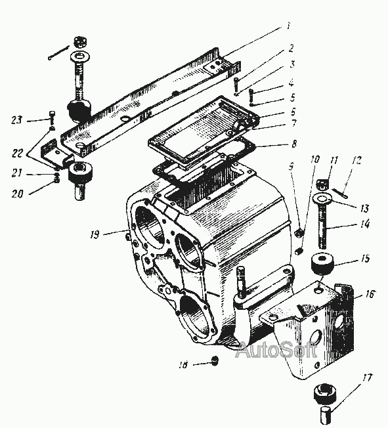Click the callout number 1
coord(288,26)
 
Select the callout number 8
coord(294,144)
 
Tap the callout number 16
coord(370,294)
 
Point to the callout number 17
coord(367,377)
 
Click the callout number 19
coord(95,234)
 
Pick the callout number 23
coord(16,120)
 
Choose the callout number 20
coord(18,194)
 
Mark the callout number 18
coord(183,364)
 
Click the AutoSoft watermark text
coord(276,349)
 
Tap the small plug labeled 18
coord(215,361)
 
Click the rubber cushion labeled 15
coord(323,263)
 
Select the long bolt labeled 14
coord(323,227)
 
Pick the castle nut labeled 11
coord(322,185)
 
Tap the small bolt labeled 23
coord(52,118)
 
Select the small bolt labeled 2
coord(236,85)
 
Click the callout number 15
coord(365,258)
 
